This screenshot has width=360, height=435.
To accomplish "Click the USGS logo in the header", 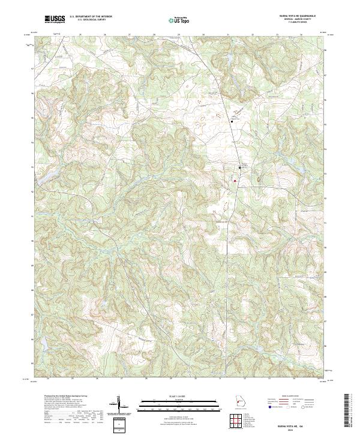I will click(x=55, y=20).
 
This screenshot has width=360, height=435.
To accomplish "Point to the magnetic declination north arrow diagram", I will click(x=120, y=405).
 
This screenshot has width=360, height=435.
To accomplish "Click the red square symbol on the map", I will click(x=236, y=179).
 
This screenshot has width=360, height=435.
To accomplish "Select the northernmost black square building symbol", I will click(x=232, y=122).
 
